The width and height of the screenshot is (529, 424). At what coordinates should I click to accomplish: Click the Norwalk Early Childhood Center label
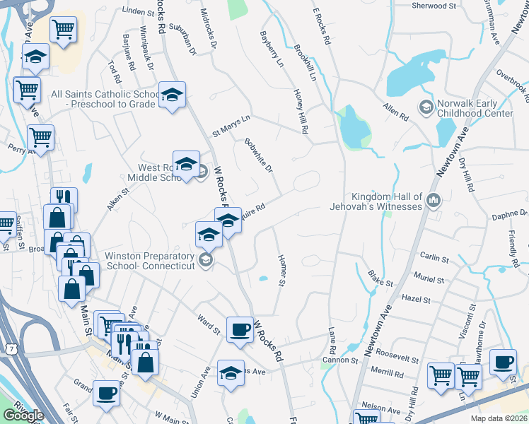[475, 107]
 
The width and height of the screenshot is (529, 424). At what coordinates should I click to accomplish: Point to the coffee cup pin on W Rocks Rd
[240, 329]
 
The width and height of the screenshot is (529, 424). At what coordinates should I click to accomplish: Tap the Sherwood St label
[434, 6]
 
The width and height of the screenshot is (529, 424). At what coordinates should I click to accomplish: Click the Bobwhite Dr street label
[258, 155]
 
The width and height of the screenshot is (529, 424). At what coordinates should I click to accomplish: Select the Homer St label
[281, 271]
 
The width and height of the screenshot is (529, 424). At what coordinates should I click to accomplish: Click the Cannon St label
[340, 360]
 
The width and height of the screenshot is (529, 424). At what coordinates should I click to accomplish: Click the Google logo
[23, 416]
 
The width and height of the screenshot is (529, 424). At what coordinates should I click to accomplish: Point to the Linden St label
[138, 12]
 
